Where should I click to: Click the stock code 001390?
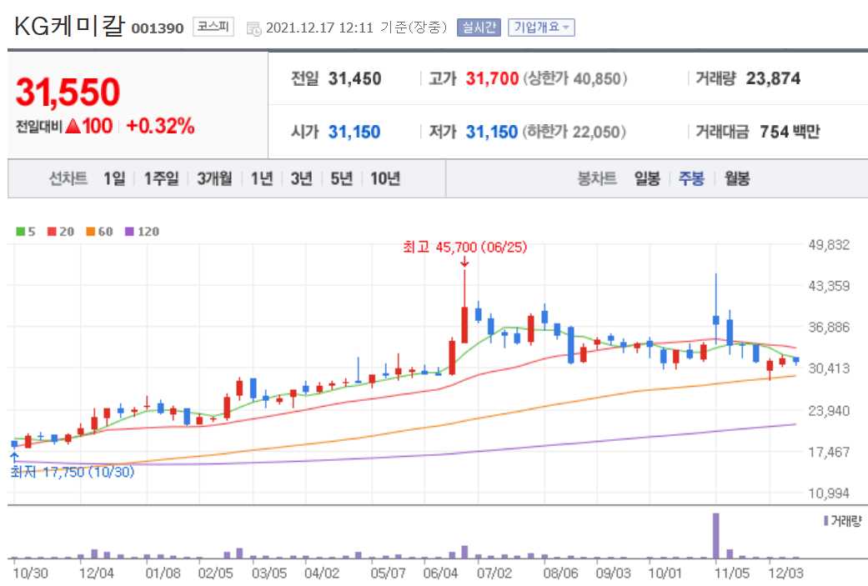(157, 28)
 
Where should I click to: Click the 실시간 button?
(478, 28)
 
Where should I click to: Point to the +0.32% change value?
(160, 127)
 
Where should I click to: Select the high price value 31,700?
(492, 79)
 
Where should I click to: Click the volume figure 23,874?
(773, 79)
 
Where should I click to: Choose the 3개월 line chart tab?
(215, 178)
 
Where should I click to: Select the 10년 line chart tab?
(385, 178)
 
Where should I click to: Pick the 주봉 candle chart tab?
(691, 178)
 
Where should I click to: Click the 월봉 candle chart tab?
(736, 178)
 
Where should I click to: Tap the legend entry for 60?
(99, 231)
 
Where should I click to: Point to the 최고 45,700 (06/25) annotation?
(464, 247)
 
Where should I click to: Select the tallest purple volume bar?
(715, 536)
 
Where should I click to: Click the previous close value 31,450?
(354, 79)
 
